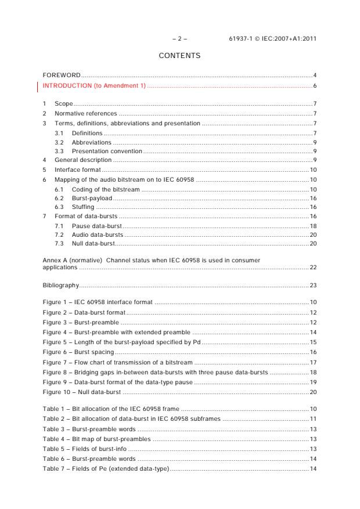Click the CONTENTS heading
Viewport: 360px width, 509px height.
coord(179,56)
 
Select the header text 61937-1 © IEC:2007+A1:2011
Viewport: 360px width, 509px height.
coord(273,39)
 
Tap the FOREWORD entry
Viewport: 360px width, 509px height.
coord(62,75)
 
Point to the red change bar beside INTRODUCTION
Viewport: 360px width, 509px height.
coord(38,86)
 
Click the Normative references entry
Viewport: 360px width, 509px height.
coord(85,113)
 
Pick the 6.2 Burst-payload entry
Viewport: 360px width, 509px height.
coord(92,198)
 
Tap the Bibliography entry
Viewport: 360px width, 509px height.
coord(61,286)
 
